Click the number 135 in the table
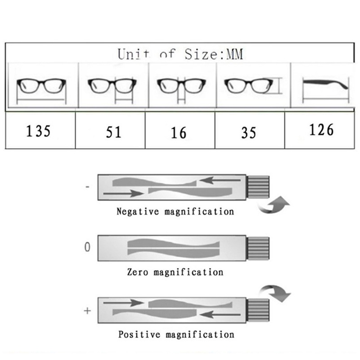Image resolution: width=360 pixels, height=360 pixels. point(38,131)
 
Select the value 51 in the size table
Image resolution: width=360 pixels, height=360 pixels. point(113,132)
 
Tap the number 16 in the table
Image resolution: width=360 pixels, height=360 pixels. point(178,133)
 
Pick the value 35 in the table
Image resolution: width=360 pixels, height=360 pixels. point(248,133)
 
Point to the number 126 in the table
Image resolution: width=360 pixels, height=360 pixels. point(321,130)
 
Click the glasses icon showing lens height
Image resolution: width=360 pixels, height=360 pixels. point(253,86)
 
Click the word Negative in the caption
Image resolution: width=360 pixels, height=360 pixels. point(138,211)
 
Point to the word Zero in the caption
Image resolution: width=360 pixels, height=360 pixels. point(138,272)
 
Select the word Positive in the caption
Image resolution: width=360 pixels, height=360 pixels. point(139,334)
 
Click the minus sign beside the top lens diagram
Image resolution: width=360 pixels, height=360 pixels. point(87,187)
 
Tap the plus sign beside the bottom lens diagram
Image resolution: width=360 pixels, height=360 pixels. point(87,311)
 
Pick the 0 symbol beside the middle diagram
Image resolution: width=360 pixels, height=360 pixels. point(87,247)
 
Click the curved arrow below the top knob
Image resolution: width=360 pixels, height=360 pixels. point(274,205)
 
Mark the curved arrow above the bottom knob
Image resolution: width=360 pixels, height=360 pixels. point(275,293)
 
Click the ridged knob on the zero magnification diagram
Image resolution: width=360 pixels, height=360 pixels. point(258,248)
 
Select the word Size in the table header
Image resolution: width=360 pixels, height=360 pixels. point(201,54)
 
